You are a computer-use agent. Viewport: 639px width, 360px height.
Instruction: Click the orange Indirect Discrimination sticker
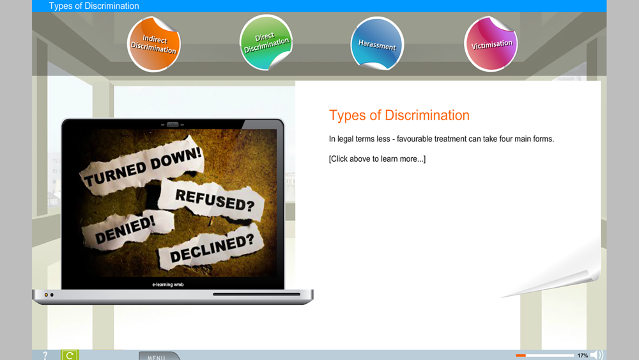click(153, 44)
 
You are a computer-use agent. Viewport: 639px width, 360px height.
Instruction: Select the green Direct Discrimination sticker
click(266, 42)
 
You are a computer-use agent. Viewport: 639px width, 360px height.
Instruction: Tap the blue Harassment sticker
click(377, 43)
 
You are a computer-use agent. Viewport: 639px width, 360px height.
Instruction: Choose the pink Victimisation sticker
click(491, 44)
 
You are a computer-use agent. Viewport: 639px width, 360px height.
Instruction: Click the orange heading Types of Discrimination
click(399, 115)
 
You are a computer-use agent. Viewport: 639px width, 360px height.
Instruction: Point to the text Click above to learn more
click(378, 159)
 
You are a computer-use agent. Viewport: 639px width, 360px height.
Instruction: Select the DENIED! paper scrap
click(127, 229)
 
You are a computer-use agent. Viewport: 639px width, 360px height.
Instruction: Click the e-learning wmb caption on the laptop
click(168, 285)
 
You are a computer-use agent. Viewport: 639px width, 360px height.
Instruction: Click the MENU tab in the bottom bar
click(158, 356)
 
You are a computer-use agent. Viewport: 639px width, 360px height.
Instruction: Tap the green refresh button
click(70, 355)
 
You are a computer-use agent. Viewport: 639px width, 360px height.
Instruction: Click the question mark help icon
click(45, 356)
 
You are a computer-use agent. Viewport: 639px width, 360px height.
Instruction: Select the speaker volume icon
click(597, 355)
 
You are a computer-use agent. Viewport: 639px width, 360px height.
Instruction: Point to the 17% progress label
click(583, 356)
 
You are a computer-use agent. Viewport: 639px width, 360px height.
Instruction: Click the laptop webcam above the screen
click(173, 124)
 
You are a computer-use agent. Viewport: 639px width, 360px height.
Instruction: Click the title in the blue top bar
click(94, 6)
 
